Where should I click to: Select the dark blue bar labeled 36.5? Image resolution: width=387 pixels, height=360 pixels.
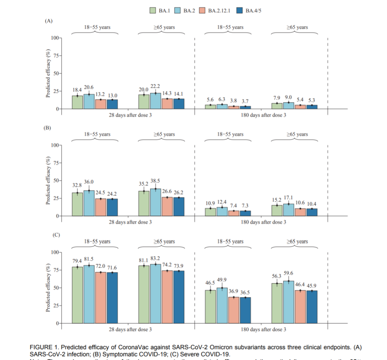245,310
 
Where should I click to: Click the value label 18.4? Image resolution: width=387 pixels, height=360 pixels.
77,89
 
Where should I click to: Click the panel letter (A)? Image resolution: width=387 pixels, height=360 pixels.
48,21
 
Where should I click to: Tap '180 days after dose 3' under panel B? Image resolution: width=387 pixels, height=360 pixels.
264,222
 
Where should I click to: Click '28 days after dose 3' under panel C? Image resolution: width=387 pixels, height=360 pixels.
130,329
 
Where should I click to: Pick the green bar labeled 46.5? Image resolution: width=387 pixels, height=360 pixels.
210,307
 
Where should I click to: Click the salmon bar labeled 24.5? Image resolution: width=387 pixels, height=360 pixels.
101,207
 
